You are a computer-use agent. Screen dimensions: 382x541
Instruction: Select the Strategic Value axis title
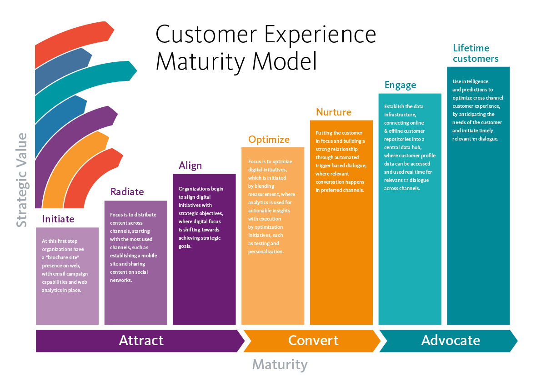22,180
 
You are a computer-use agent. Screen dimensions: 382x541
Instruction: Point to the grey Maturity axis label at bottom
280,364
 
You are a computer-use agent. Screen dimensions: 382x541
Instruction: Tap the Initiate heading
58,219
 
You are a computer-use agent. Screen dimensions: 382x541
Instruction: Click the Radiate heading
127,192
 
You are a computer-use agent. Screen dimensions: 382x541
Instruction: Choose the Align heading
190,165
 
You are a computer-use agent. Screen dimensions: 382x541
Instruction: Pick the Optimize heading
269,139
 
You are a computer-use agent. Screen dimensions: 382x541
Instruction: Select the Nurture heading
334,112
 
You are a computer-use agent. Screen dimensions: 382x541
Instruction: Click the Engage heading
400,85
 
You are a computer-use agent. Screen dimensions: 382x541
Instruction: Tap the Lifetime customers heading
476,53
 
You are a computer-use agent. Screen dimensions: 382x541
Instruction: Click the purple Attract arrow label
141,341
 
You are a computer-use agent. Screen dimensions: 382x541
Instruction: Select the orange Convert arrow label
313,341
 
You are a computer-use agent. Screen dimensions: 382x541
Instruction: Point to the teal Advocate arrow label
451,341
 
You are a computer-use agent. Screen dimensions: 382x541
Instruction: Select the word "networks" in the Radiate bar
121,280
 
